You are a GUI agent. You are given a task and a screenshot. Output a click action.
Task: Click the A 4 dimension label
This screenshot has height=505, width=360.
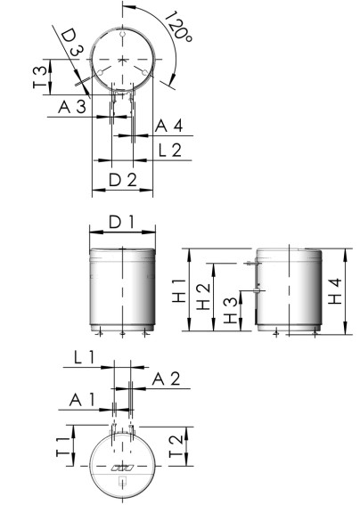168,125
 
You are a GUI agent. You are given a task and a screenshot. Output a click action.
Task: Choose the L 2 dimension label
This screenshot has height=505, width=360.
168,150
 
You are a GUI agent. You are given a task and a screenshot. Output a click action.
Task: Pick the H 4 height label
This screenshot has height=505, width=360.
334,290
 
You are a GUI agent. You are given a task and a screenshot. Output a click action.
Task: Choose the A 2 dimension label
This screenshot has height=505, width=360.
167,379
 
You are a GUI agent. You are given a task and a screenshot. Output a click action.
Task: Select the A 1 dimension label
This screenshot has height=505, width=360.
86,400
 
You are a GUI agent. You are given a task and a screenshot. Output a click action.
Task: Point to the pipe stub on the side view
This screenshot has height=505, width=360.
257,290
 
